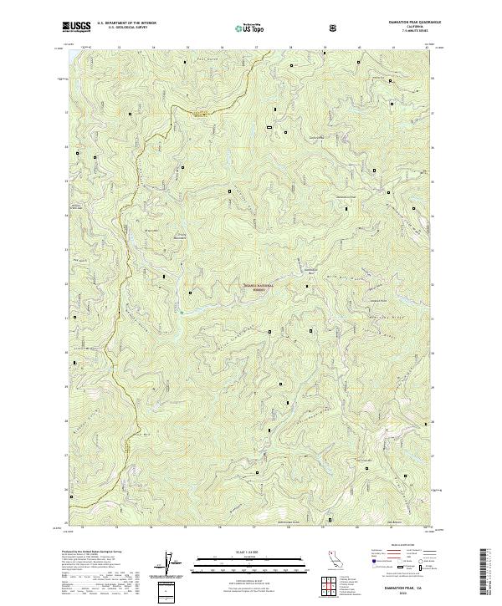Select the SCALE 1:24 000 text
(x=250, y=553)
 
